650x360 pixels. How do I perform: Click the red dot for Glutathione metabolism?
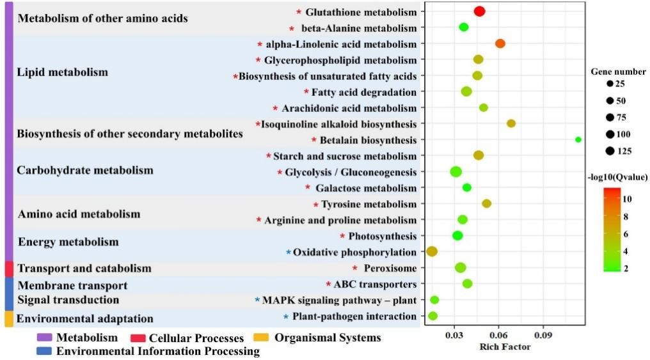pyautogui.click(x=479, y=11)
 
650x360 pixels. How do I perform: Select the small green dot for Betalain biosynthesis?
pyautogui.click(x=578, y=139)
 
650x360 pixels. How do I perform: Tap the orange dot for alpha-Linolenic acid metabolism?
pyautogui.click(x=500, y=43)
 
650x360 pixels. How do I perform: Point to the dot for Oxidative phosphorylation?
pyautogui.click(x=432, y=251)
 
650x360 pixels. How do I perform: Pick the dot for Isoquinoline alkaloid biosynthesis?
pyautogui.click(x=511, y=123)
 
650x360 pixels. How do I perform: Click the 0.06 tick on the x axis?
pyautogui.click(x=499, y=334)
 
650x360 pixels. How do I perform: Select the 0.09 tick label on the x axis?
pyautogui.click(x=543, y=334)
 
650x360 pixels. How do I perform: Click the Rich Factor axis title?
pyautogui.click(x=505, y=347)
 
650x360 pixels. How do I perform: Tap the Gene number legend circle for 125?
pyautogui.click(x=610, y=151)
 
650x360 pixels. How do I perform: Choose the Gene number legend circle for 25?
pyautogui.click(x=610, y=84)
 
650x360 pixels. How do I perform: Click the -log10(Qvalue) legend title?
pyautogui.click(x=617, y=176)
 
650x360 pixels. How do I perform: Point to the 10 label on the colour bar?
pyautogui.click(x=627, y=199)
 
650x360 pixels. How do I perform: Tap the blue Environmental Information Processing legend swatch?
pyautogui.click(x=45, y=350)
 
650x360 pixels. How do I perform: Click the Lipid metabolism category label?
pyautogui.click(x=63, y=72)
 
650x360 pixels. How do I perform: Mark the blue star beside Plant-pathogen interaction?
pyautogui.click(x=286, y=317)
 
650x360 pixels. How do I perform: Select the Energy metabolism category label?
pyautogui.click(x=68, y=242)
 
